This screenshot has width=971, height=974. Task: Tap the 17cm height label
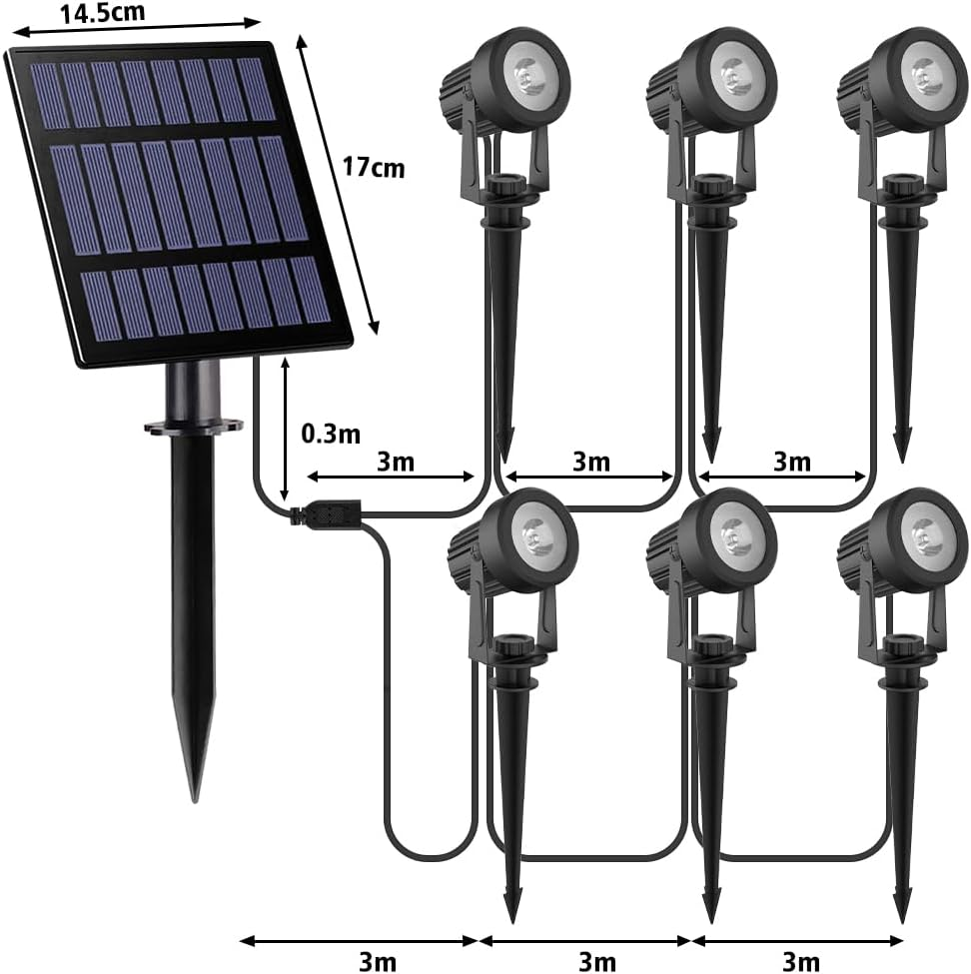(374, 167)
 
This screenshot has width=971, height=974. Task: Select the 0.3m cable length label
(331, 433)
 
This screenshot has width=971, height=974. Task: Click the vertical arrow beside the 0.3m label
(287, 431)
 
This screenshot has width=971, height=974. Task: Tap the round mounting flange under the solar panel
(194, 427)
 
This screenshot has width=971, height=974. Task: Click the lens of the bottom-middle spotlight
(734, 534)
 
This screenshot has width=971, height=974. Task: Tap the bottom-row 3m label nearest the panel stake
(377, 961)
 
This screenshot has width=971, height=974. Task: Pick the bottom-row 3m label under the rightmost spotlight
(800, 961)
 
